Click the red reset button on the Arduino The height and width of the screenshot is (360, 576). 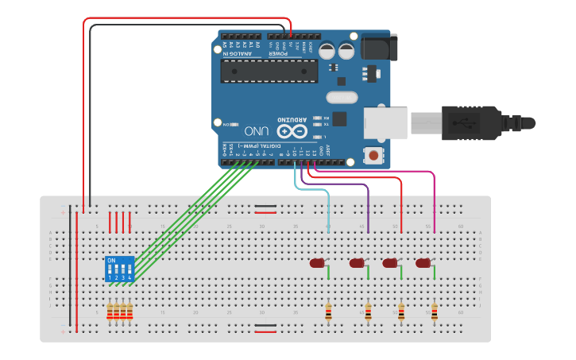click(371, 155)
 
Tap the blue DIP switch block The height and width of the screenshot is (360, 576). click(119, 269)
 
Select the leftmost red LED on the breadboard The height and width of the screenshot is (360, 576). click(318, 262)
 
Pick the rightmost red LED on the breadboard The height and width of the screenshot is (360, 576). click(423, 262)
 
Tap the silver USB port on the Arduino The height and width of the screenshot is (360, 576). click(385, 123)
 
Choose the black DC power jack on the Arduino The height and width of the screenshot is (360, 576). click(376, 47)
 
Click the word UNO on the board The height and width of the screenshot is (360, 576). click(257, 130)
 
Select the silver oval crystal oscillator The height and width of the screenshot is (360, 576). click(342, 98)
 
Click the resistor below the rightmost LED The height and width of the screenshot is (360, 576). click(434, 312)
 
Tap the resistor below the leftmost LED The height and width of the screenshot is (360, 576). click(328, 312)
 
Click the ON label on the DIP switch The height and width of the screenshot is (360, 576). click(110, 261)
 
